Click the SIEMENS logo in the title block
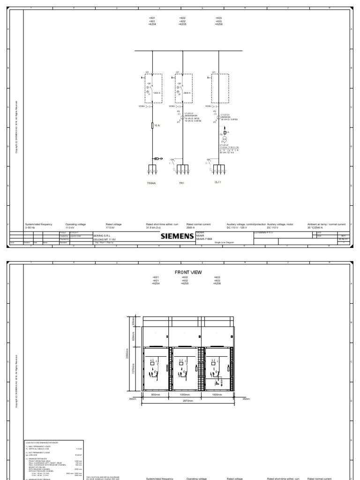click(177, 236)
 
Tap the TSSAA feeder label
click(151, 183)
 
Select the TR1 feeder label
click(182, 183)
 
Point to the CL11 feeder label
click(217, 183)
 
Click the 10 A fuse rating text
click(157, 125)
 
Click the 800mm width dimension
click(156, 394)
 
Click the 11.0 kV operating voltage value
click(70, 227)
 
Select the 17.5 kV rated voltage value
click(111, 227)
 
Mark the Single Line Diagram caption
click(225, 243)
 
